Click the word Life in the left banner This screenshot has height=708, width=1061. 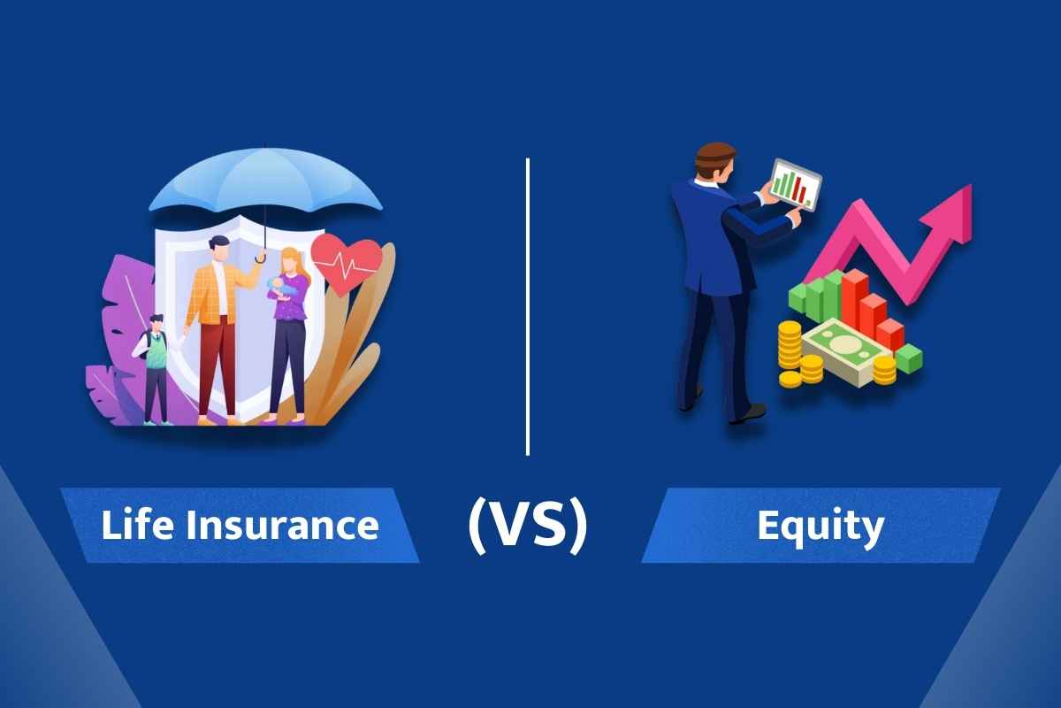[x=132, y=525]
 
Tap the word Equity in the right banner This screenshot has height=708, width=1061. [x=820, y=526]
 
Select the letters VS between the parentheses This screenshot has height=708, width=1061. [x=527, y=526]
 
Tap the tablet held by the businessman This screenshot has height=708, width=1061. [x=795, y=183]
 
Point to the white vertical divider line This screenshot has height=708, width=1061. [x=528, y=305]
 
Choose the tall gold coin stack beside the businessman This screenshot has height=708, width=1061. [x=790, y=354]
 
